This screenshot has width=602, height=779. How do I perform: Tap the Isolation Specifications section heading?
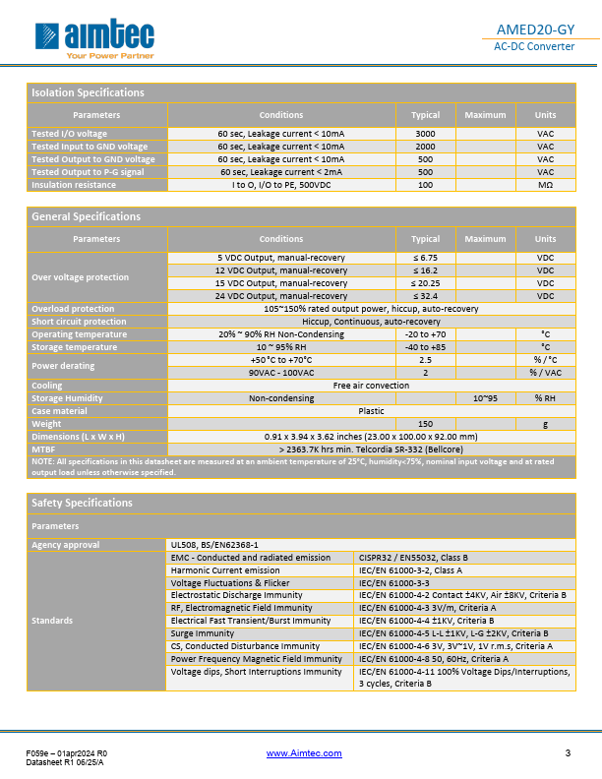(x=89, y=92)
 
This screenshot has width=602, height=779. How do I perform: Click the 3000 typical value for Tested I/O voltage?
(x=425, y=134)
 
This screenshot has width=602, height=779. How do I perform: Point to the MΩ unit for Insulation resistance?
(x=545, y=185)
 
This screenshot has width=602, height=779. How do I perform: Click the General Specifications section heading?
(x=87, y=216)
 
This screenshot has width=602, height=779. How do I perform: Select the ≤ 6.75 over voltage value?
(x=425, y=258)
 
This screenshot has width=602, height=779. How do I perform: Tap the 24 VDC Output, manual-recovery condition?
(x=281, y=296)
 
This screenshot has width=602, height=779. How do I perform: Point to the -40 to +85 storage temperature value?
(x=425, y=347)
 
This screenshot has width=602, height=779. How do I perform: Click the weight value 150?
(x=425, y=424)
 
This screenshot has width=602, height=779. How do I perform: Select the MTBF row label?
(x=43, y=449)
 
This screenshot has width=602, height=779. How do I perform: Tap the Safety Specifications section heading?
(x=82, y=503)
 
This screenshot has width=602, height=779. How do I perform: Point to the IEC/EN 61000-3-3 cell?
(x=392, y=582)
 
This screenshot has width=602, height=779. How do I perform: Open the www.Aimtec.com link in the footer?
(x=304, y=753)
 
